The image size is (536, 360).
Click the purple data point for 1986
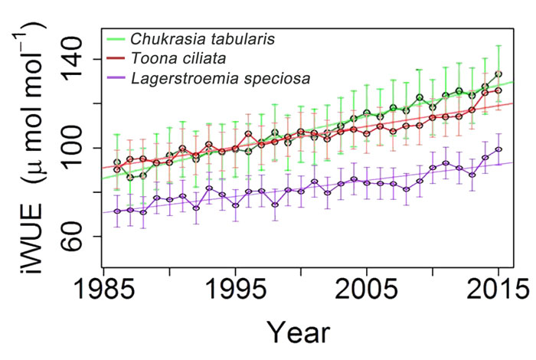click(116, 211)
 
